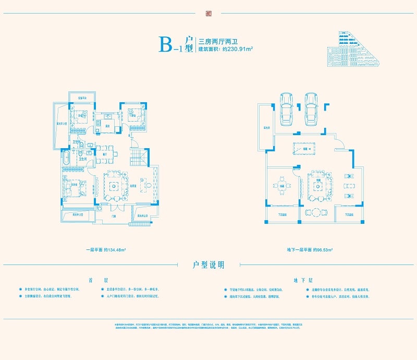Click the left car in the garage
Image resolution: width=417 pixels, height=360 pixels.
tap(286, 109)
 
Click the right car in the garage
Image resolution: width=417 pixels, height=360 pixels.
tap(311, 109)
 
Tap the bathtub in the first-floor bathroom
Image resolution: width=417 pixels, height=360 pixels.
tap(66, 160)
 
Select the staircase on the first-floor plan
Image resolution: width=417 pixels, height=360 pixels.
tap(138, 156)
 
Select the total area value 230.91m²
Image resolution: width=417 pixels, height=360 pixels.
tap(238, 49)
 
